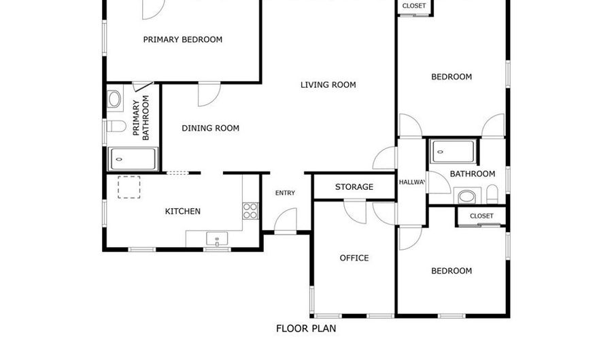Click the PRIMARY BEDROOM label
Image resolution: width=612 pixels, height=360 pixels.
(182, 39)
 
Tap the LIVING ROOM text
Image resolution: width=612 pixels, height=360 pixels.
(328, 85)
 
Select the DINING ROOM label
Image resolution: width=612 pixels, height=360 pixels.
(210, 128)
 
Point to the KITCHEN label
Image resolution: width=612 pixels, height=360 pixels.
(183, 212)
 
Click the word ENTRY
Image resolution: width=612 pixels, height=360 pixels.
(285, 193)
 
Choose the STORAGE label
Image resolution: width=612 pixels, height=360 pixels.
(354, 187)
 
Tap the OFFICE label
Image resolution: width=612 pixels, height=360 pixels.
(354, 258)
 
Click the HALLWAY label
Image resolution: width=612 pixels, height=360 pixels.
(412, 182)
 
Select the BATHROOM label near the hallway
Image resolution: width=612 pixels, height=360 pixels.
(473, 174)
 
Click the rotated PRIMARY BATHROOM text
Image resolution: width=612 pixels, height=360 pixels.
(141, 120)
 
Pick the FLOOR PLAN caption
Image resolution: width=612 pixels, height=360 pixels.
(305, 328)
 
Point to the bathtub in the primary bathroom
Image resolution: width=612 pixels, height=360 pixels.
(133, 159)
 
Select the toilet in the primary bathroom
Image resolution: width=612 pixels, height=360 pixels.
(115, 127)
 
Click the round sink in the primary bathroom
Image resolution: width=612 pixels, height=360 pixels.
(114, 99)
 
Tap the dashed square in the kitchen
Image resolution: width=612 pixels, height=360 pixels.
(129, 187)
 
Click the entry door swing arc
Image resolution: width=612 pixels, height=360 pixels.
(286, 219)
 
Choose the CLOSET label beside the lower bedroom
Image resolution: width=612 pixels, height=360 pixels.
(481, 216)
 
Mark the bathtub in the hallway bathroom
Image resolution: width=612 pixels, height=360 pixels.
(451, 150)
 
